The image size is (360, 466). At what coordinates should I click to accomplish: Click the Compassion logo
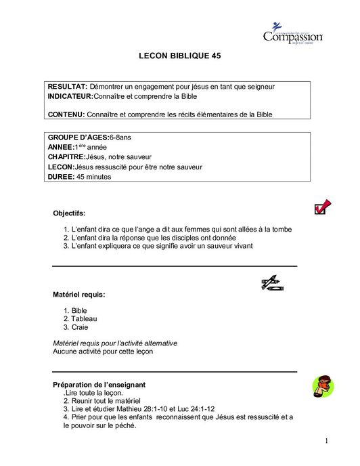292,34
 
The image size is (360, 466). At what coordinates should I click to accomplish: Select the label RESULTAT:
67,87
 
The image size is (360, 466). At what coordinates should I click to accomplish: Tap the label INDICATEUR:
70,97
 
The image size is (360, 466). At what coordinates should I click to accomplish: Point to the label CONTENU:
66,114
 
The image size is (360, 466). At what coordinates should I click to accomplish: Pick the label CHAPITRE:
66,156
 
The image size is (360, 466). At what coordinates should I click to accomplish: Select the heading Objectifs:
69,213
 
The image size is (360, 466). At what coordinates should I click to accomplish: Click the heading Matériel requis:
78,295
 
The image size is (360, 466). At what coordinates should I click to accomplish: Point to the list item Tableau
84,318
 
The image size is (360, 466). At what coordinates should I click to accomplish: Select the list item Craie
80,327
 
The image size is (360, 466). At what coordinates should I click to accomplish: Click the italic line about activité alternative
115,343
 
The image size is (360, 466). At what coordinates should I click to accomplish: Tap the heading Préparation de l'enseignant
99,384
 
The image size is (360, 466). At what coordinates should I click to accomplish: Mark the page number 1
325,442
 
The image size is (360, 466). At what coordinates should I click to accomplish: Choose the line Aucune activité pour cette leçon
103,352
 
